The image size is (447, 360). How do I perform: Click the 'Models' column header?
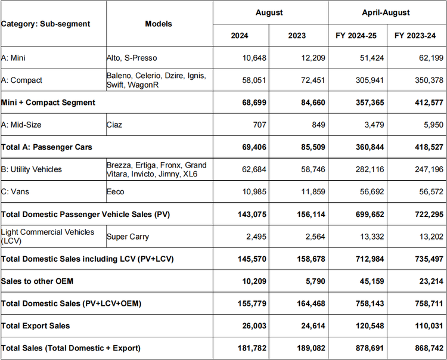coord(159,24)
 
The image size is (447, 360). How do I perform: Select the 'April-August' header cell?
coord(386,13)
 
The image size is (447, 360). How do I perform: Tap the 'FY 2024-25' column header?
coord(356,36)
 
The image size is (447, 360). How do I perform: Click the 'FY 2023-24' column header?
coord(415,36)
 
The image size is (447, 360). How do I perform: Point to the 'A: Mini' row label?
coord(13,58)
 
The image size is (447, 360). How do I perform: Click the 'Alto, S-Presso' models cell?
coord(132,58)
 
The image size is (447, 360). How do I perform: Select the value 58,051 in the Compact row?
coord(254,80)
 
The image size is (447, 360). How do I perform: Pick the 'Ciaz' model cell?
coord(114,125)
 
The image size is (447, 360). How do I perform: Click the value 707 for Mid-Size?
coord(259,125)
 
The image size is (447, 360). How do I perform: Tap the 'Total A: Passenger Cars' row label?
coord(46,147)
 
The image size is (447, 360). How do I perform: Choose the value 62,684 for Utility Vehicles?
coord(254,169)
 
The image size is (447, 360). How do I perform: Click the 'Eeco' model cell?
coord(115,191)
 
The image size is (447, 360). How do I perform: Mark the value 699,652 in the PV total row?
coord(370,215)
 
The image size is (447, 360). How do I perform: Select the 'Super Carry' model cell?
coord(128,237)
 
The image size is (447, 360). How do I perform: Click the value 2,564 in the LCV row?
coord(315,237)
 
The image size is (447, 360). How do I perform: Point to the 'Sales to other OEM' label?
coord(37,281)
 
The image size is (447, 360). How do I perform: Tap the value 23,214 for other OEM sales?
coord(431,281)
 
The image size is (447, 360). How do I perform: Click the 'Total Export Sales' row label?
coord(35,326)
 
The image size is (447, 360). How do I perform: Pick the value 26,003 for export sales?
coord(254,326)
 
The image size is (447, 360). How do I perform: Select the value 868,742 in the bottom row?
coord(429,348)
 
